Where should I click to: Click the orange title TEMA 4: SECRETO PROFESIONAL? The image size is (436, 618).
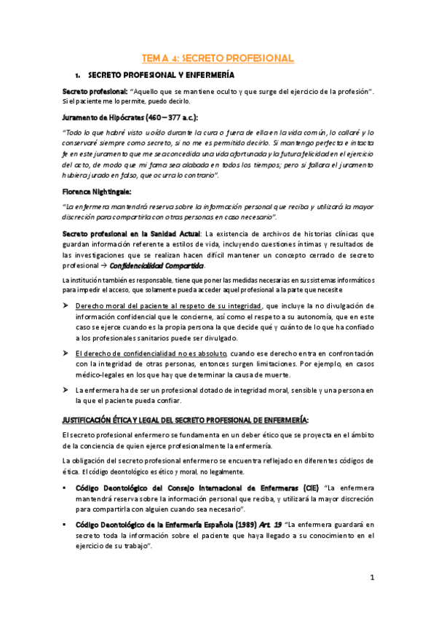(x=218, y=58)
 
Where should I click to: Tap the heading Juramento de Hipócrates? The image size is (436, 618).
(x=102, y=117)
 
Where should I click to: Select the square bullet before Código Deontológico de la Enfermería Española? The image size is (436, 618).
(x=66, y=524)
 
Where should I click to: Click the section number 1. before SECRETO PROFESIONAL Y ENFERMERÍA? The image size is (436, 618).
(x=78, y=75)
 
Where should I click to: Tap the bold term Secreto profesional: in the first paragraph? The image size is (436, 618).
(x=95, y=90)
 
